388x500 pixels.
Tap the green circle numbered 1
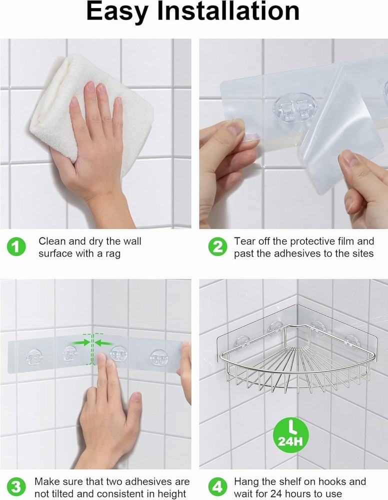tap(16, 247)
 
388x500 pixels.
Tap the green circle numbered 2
tap(217, 247)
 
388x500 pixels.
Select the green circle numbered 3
tap(16, 486)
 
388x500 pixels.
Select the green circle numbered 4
tap(217, 486)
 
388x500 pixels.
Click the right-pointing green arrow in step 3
tap(80, 342)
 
